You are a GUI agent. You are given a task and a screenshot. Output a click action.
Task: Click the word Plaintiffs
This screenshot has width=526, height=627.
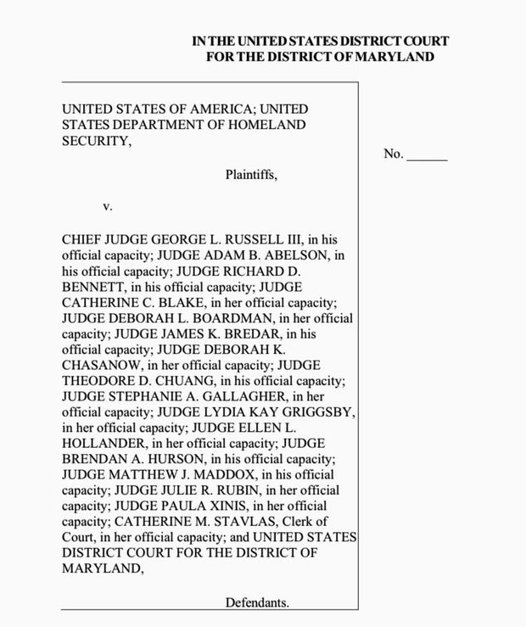251,176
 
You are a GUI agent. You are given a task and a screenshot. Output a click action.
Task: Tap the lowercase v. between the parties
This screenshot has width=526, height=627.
108,207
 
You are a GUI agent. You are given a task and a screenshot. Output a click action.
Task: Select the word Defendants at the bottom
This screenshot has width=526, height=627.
257,603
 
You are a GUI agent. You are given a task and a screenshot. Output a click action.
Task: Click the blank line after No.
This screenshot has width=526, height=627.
427,154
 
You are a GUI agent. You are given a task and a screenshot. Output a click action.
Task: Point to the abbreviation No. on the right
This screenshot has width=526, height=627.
393,154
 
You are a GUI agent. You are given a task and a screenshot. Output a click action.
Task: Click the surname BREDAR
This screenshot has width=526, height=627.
250,333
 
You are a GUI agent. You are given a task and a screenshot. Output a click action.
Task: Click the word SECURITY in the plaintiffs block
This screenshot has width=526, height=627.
96,141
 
